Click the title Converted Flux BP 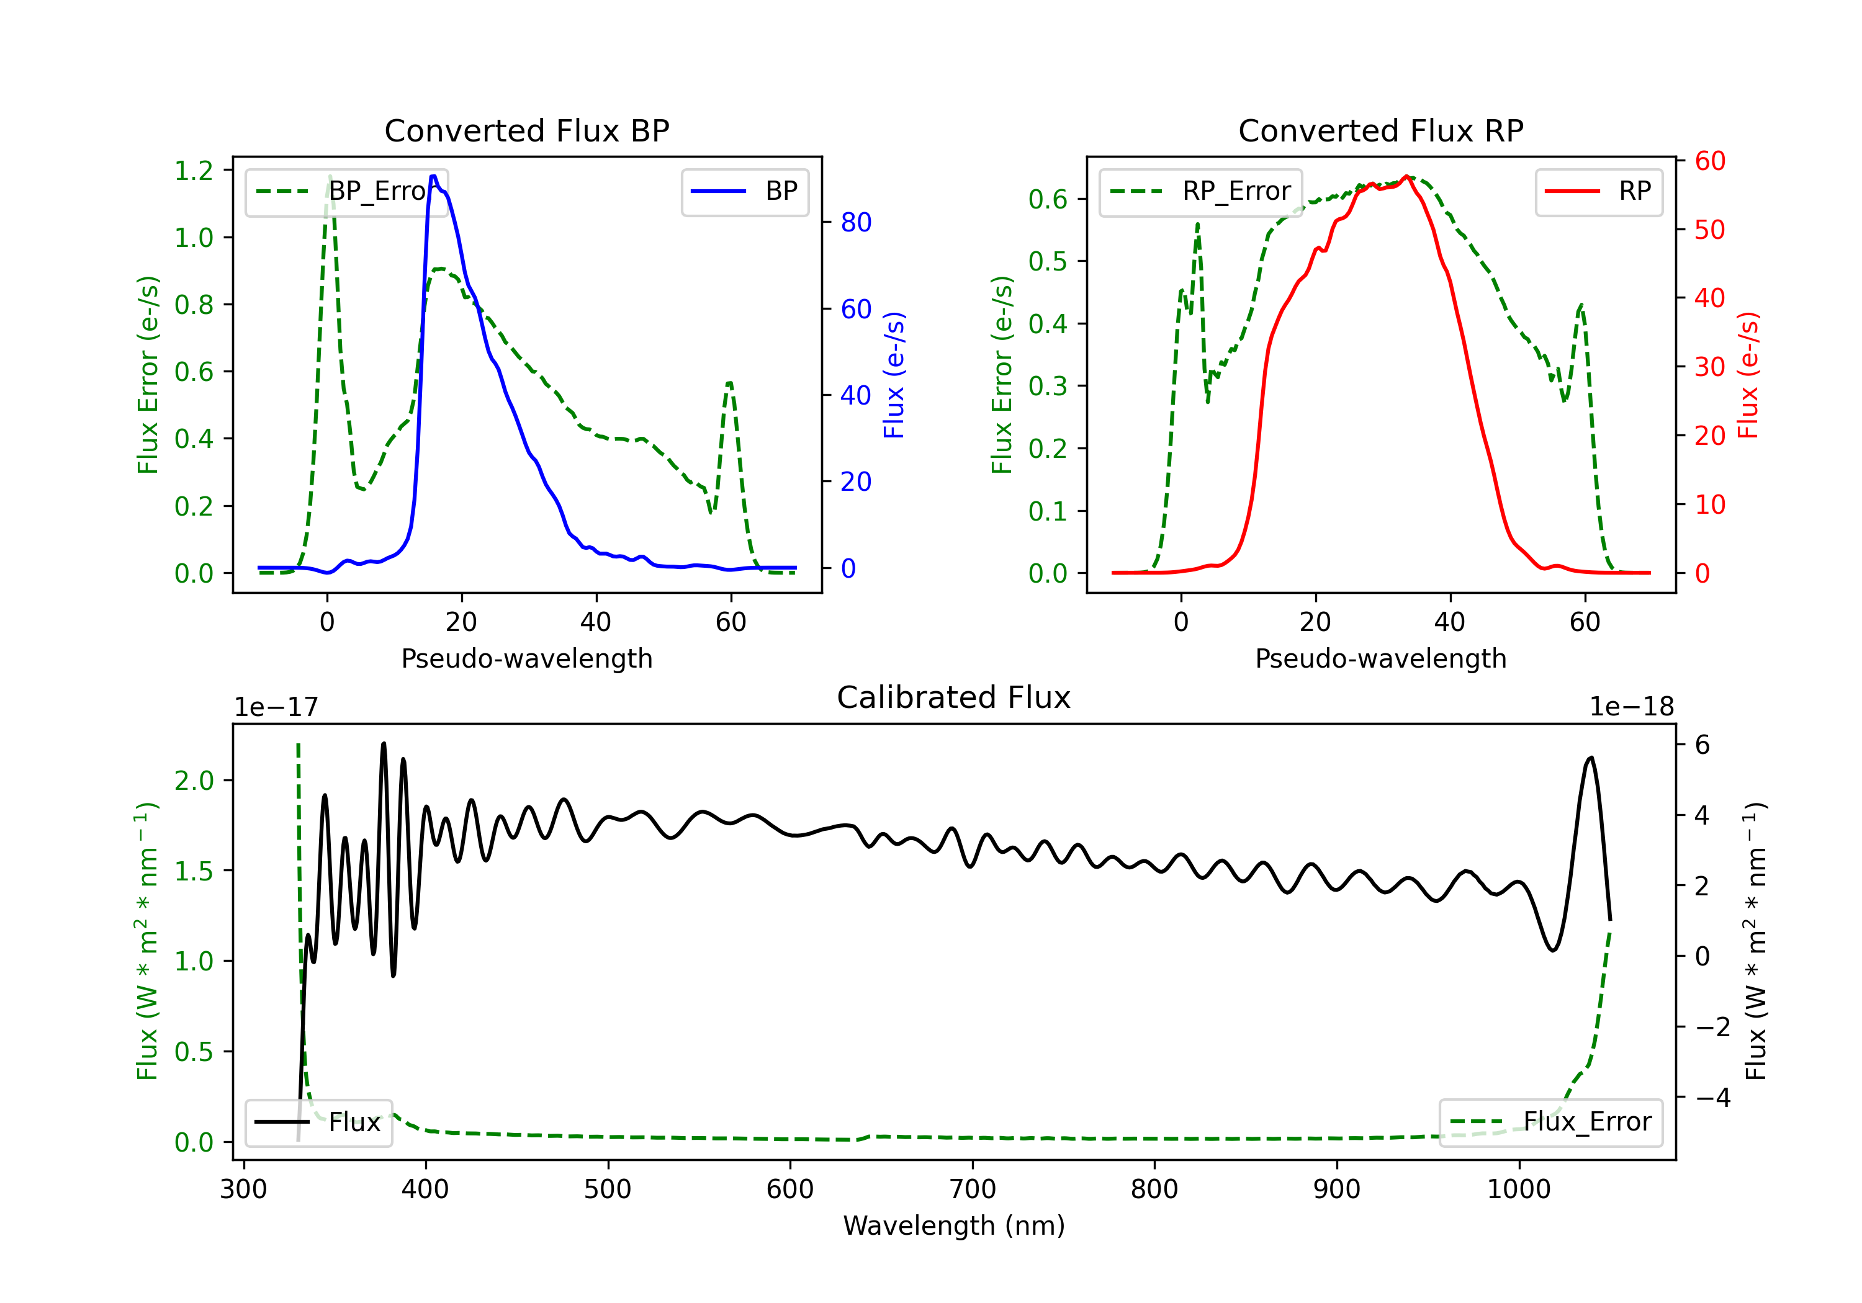point(527,130)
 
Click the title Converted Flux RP point(1381,130)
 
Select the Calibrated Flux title point(954,697)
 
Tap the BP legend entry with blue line point(744,191)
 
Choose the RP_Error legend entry point(1200,191)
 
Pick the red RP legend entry point(1598,191)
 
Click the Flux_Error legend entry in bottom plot point(1550,1122)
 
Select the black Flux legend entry point(318,1122)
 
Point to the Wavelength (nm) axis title point(954,1225)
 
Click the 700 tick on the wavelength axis point(973,1189)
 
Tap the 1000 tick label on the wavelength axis point(1519,1189)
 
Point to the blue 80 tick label point(855,222)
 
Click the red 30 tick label point(1709,367)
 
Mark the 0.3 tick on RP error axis point(1048,386)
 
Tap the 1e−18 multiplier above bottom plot point(1632,707)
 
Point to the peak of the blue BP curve point(434,176)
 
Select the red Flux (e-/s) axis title point(1748,375)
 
